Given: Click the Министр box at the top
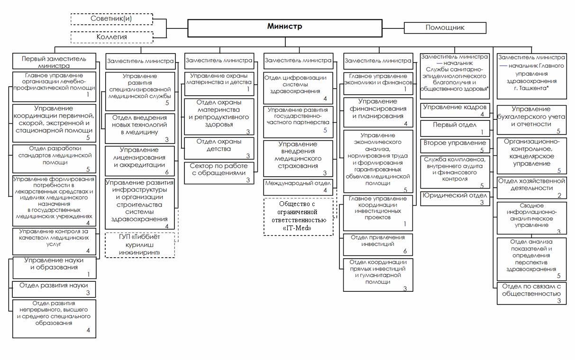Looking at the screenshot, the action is [x=285, y=28].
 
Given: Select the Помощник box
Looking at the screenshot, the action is [x=445, y=28].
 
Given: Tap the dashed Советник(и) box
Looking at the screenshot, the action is [x=112, y=19].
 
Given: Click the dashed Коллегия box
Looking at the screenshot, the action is [x=112, y=37].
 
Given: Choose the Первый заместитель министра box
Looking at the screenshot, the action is [x=54, y=61].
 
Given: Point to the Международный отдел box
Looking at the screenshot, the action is [x=298, y=187].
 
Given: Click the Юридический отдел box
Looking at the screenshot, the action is [x=455, y=198].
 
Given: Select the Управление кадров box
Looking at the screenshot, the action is [x=455, y=110].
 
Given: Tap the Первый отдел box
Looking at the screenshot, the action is [x=455, y=128].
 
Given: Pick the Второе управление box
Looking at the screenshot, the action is [x=455, y=146].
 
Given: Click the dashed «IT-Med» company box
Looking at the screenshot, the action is [x=298, y=217].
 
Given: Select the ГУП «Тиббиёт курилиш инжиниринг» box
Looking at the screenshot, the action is [x=140, y=245].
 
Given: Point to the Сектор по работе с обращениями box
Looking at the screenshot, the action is [x=219, y=173].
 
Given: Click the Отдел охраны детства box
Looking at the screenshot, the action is [x=219, y=148].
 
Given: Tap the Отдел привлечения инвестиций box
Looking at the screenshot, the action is [x=378, y=244].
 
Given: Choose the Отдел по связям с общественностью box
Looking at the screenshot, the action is [x=531, y=293].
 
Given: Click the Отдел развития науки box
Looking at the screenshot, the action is [x=54, y=289].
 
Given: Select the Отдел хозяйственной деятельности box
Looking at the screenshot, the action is [x=531, y=188].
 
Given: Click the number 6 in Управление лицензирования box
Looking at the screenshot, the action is [x=167, y=172].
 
